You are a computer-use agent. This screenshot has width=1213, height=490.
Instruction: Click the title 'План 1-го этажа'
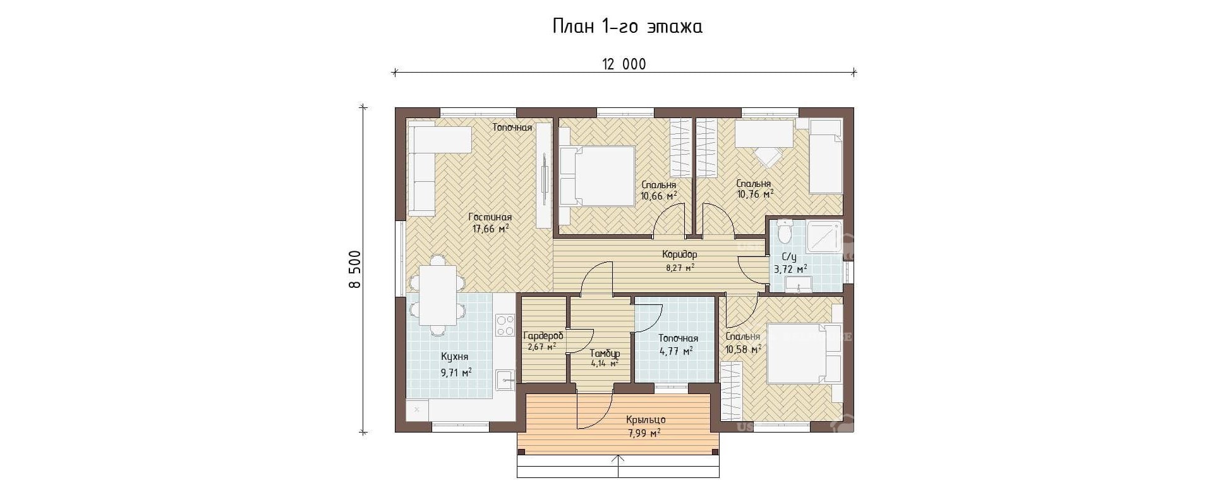click(627, 27)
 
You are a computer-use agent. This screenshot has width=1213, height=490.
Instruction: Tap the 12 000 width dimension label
click(624, 64)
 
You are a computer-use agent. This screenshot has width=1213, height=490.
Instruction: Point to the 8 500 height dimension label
click(355, 270)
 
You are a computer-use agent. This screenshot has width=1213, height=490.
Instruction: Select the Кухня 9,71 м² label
click(456, 364)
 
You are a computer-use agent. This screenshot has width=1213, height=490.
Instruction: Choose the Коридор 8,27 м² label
click(680, 261)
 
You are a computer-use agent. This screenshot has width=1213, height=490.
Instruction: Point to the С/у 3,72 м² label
click(790, 263)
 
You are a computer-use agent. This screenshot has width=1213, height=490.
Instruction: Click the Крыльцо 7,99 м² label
click(646, 426)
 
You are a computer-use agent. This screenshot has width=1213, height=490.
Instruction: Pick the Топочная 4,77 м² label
click(678, 345)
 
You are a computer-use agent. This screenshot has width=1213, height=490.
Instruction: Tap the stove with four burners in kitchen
click(505, 325)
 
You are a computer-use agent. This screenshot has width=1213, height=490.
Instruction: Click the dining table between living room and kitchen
click(437, 294)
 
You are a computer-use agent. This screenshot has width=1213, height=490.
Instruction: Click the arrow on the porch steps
click(619, 467)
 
